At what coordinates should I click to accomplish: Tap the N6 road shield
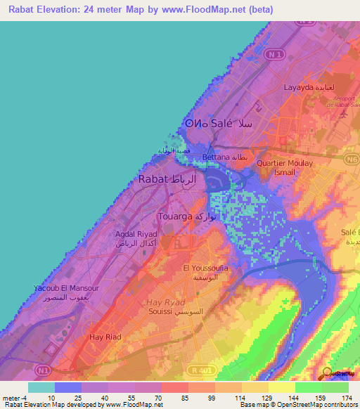coord(349,161)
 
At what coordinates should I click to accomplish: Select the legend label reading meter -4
coord(15,397)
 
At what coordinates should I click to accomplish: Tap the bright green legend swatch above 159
coord(309,387)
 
